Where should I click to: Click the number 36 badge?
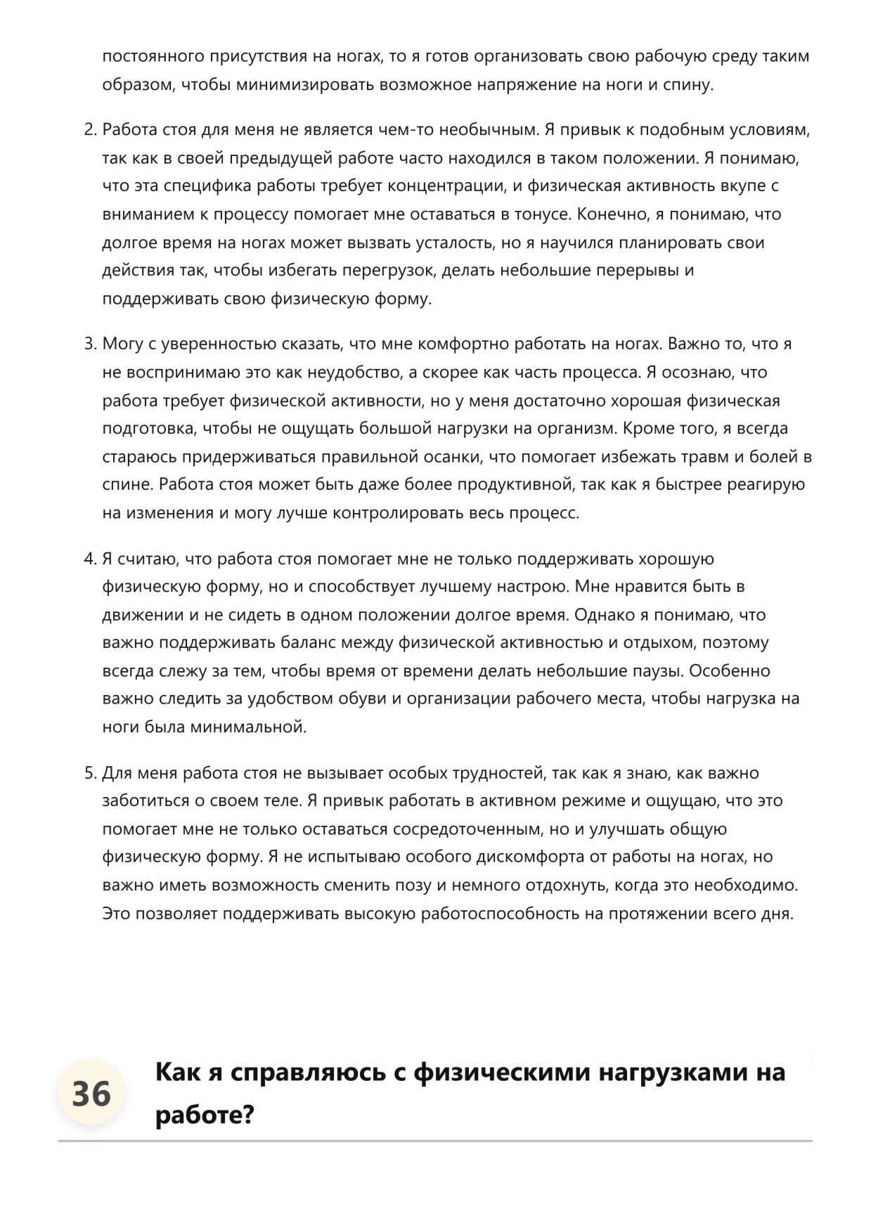pos(91,1094)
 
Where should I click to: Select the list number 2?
pos(89,130)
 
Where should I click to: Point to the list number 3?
pos(89,344)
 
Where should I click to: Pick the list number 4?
pos(89,559)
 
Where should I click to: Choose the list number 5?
pos(89,774)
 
